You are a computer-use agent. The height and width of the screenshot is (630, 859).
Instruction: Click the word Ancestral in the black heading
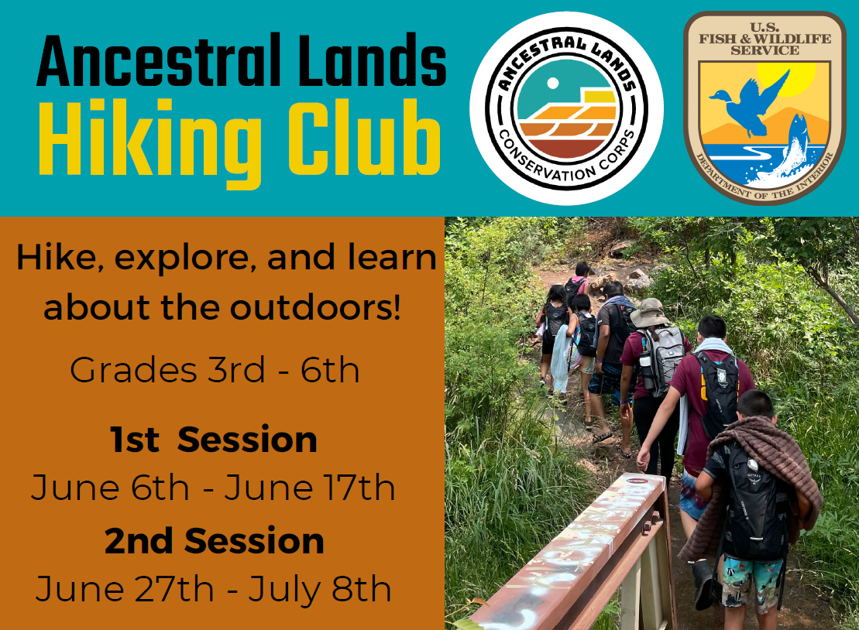point(158,60)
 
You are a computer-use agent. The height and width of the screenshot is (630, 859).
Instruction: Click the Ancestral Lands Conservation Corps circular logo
point(566,108)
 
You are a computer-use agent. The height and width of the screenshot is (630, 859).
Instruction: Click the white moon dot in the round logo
point(553,83)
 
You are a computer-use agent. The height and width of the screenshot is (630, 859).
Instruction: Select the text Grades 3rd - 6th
point(215,370)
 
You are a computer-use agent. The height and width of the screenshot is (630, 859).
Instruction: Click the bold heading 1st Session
point(214,440)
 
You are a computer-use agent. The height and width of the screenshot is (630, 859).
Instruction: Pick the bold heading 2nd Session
point(215,541)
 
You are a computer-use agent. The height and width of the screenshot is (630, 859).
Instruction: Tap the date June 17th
point(310,488)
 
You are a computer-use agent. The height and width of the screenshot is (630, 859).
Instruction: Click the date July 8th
point(320,589)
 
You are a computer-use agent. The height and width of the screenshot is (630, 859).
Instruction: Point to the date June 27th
point(125,589)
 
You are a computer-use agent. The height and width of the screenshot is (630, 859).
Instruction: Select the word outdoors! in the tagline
point(315,307)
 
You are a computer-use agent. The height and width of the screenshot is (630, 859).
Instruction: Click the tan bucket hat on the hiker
point(649,313)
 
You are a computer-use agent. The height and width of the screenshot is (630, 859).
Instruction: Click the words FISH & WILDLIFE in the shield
point(765,39)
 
